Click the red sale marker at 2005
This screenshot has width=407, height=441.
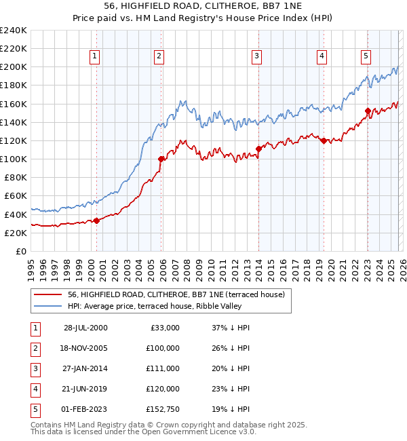click(161, 159)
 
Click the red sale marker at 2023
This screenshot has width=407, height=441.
click(367, 111)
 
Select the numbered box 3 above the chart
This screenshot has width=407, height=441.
click(258, 56)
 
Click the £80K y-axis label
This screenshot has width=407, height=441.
click(15, 177)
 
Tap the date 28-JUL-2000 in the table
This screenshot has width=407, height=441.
click(85, 328)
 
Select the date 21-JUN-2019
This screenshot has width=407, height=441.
click(85, 389)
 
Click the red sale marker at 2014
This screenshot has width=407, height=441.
click(259, 149)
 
